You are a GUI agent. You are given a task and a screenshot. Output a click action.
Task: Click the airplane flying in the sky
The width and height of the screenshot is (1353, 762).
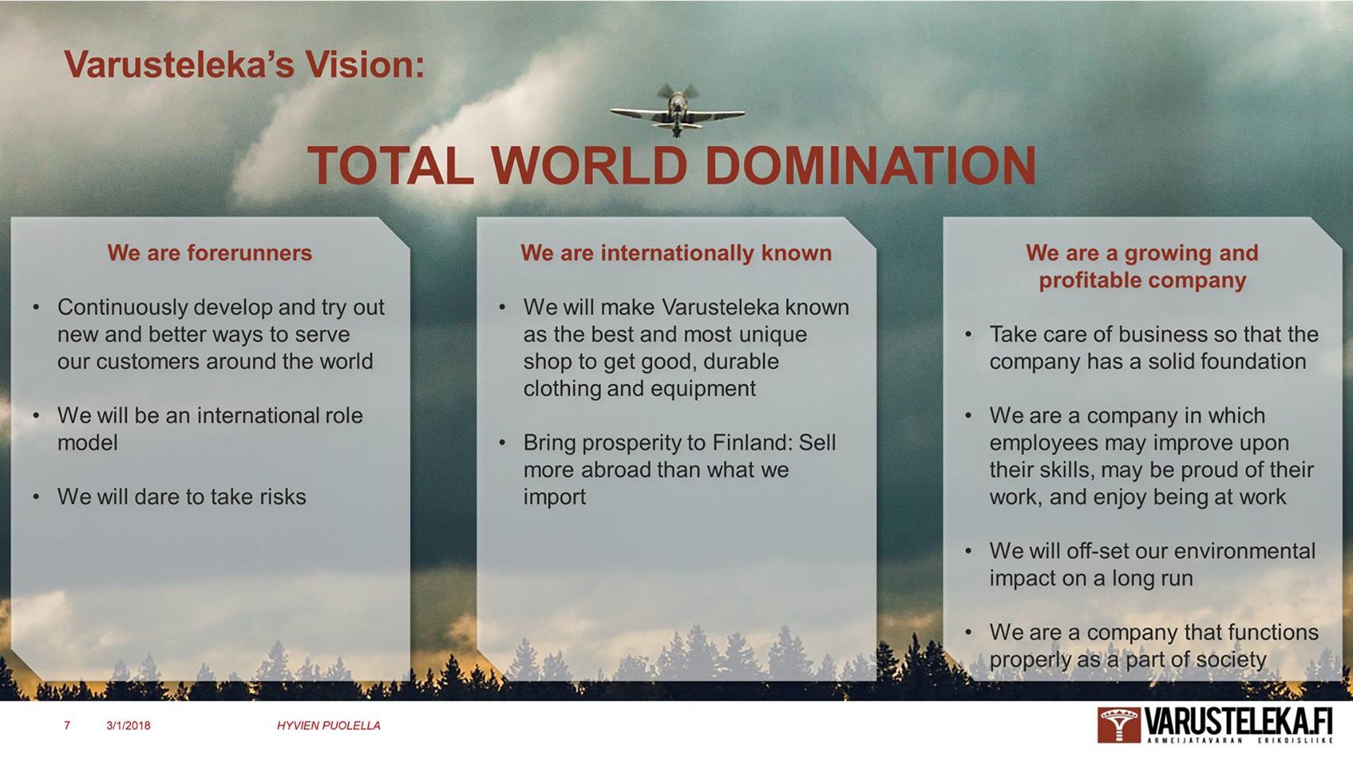(x=677, y=111)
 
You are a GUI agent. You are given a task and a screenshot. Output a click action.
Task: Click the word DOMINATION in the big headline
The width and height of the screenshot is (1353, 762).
(x=870, y=165)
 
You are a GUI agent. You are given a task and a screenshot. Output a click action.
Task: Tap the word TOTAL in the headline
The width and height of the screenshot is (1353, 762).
(x=391, y=165)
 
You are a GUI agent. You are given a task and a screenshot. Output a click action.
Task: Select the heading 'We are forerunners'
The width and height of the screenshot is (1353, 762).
(x=209, y=252)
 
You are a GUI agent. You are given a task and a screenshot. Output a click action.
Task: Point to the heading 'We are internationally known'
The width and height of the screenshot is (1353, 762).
(x=676, y=252)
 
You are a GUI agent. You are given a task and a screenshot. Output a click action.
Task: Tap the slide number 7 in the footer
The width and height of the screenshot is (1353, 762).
(x=67, y=725)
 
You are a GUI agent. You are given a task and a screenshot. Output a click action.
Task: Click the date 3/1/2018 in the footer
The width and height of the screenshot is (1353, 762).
(x=128, y=725)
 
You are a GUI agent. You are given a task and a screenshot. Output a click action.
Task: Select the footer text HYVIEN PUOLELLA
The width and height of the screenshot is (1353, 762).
(x=328, y=725)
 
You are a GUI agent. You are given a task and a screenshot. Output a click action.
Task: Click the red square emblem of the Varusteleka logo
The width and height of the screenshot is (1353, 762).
(x=1119, y=725)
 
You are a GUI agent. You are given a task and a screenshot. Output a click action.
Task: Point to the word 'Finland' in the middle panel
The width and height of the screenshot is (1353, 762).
(x=753, y=443)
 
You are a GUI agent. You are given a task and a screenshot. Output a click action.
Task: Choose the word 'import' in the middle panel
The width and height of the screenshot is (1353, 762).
(x=554, y=497)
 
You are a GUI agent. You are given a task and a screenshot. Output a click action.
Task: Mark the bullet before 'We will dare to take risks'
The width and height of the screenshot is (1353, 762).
(x=36, y=497)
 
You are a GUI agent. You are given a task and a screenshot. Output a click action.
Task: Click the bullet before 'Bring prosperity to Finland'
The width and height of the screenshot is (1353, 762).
(x=503, y=443)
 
